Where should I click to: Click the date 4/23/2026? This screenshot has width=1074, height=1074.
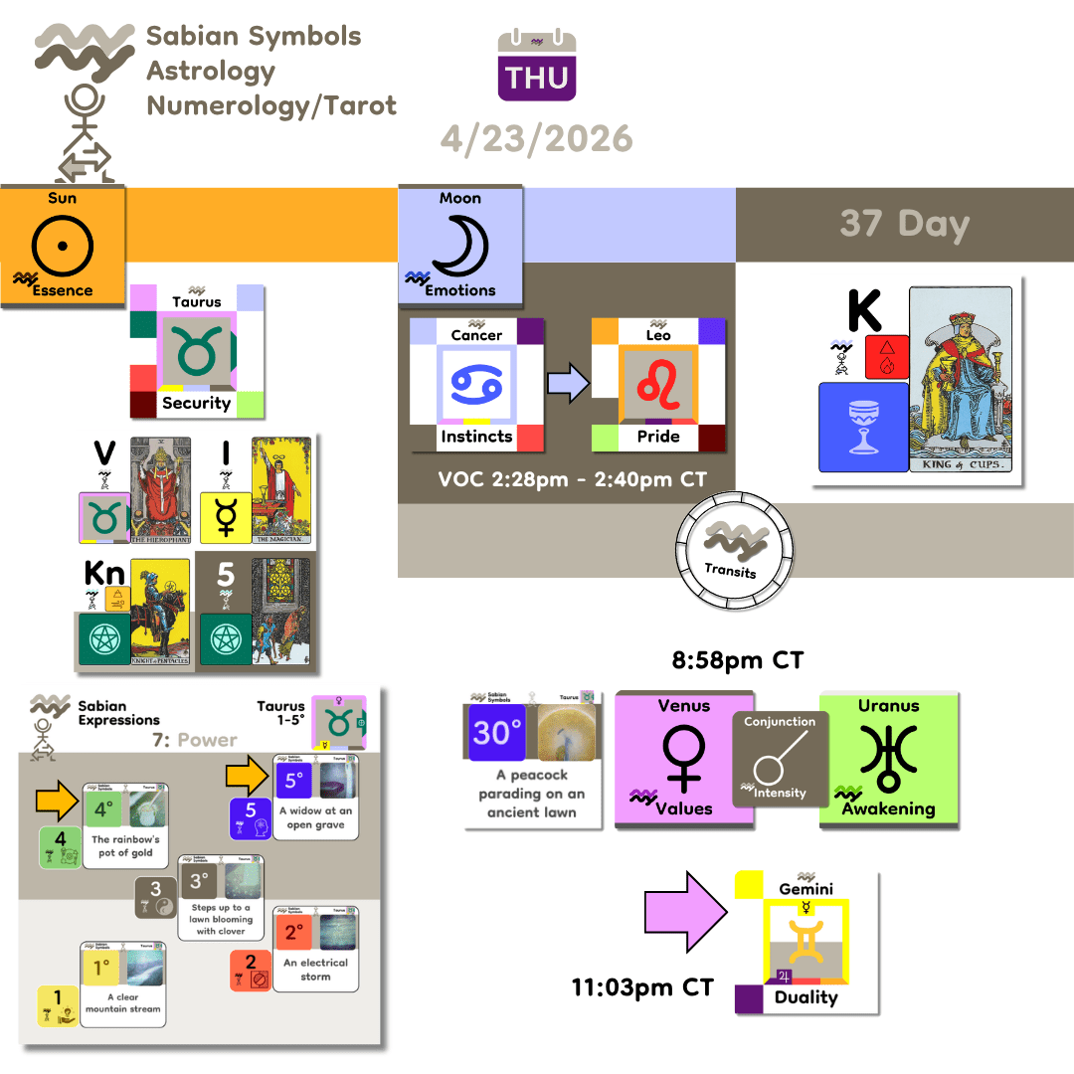point(537,138)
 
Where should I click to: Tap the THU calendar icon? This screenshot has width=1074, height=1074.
point(537,66)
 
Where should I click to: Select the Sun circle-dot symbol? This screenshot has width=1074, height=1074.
point(62,243)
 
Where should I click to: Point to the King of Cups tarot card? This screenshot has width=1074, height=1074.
point(960,379)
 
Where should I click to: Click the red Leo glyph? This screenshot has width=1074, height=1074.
point(656,385)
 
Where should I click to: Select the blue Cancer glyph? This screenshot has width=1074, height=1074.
point(475,385)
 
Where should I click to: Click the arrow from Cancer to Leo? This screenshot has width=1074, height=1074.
point(568,383)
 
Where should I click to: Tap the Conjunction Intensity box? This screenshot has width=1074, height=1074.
point(780,759)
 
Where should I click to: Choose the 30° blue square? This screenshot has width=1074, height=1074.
point(497,733)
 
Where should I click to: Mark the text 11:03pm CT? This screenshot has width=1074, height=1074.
point(642,987)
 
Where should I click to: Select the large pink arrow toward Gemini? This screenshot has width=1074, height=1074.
point(687,910)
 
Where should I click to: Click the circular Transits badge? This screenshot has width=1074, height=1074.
point(730,549)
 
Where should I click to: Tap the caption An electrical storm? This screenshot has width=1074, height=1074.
point(315,970)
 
